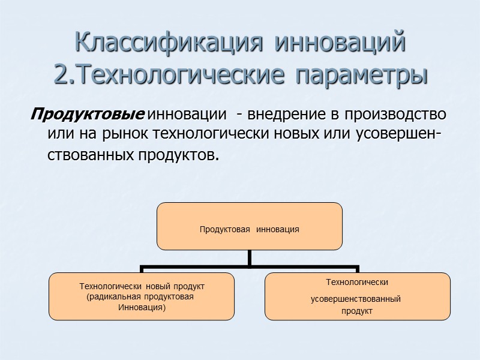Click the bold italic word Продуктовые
[88, 113]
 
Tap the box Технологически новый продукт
[142, 296]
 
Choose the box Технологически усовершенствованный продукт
[358, 296]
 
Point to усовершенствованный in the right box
[356, 299]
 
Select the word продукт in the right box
[357, 311]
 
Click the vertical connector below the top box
[250, 257]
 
